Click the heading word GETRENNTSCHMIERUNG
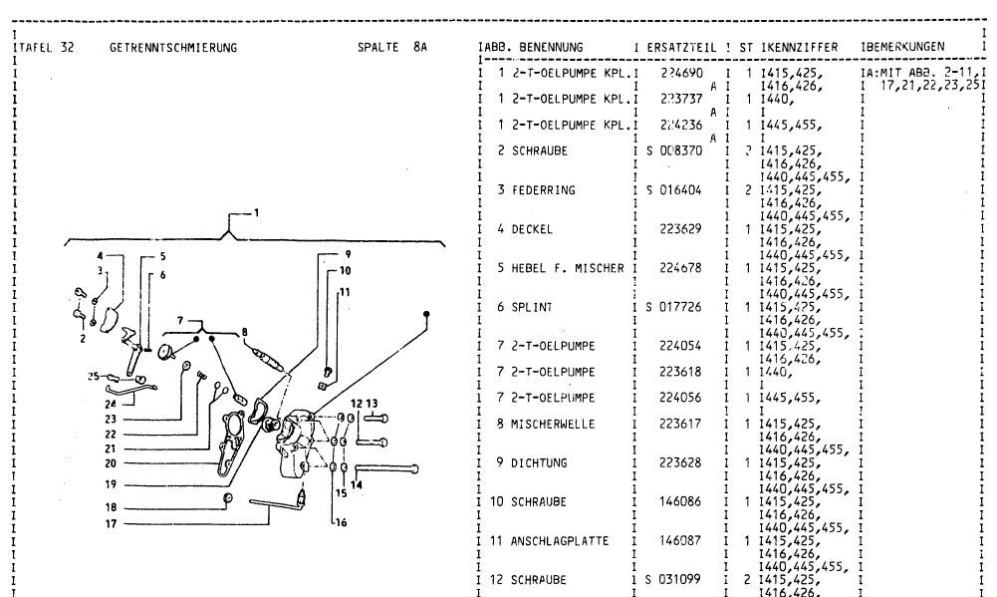click(173, 48)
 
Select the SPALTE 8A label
click(392, 48)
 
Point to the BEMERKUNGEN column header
click(906, 48)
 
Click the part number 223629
click(681, 229)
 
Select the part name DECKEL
click(533, 229)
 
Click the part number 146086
click(681, 502)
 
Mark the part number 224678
click(681, 268)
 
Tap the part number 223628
click(681, 462)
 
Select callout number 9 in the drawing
click(347, 253)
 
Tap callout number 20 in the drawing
click(112, 462)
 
